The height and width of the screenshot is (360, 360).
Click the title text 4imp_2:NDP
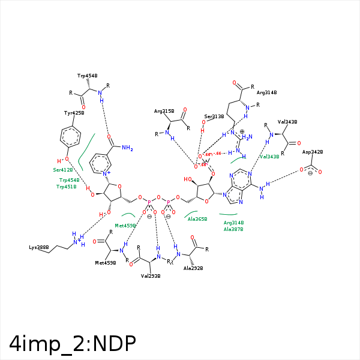click(x=73, y=342)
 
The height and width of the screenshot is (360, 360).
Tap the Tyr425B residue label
click(x=74, y=113)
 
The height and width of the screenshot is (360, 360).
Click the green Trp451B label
click(x=68, y=187)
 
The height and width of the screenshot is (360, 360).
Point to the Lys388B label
click(x=39, y=247)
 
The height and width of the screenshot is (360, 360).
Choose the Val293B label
click(x=151, y=277)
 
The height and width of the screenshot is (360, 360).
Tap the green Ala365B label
click(x=197, y=219)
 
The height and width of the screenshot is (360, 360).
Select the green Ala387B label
click(x=233, y=229)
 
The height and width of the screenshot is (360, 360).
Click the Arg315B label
click(x=164, y=111)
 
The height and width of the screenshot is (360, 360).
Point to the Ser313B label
click(x=214, y=116)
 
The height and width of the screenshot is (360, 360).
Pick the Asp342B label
click(x=313, y=152)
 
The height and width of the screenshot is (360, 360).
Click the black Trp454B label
click(x=88, y=76)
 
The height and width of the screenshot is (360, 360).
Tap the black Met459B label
click(x=105, y=263)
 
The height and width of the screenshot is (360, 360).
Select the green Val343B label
click(x=269, y=157)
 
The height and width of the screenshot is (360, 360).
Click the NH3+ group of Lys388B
click(x=78, y=240)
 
